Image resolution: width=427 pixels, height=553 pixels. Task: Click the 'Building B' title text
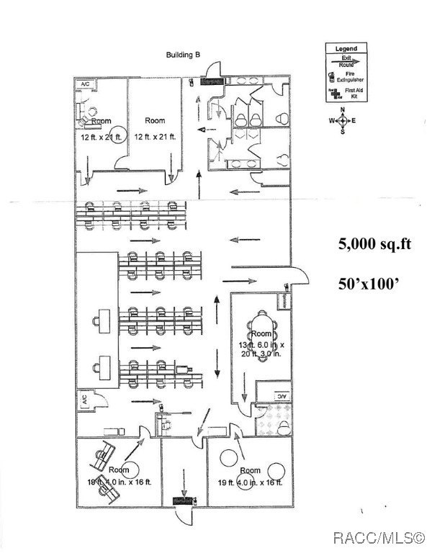183,55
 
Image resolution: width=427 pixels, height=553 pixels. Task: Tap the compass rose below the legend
343,120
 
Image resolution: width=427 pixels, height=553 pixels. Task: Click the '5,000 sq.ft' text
374,244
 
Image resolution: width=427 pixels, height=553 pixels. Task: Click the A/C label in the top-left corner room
84,84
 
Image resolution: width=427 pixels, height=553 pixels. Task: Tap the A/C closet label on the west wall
84,397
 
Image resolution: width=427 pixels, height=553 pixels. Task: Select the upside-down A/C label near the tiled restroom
282,396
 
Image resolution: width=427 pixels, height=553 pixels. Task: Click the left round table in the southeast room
230,457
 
